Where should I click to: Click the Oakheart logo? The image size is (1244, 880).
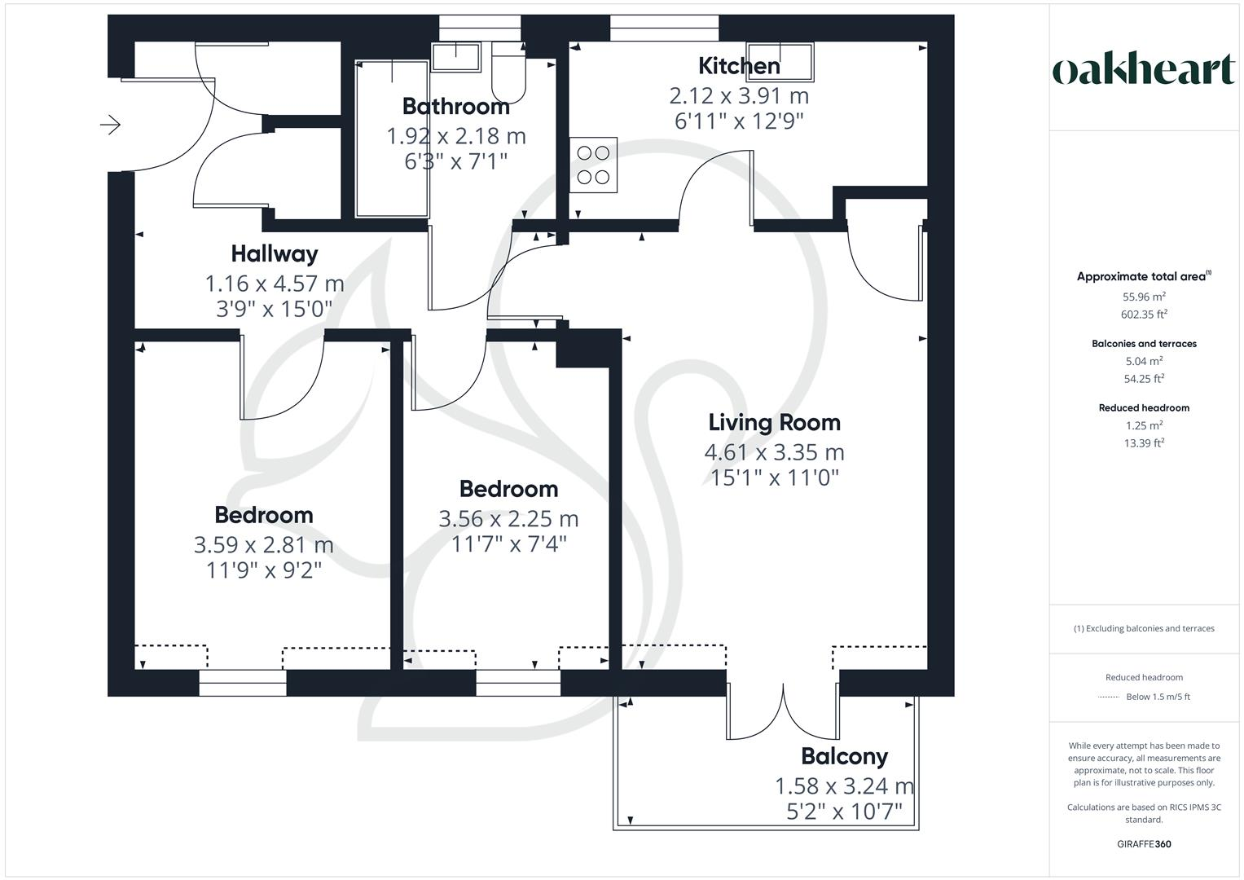[x=1143, y=70]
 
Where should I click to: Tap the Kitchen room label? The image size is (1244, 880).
[x=739, y=66]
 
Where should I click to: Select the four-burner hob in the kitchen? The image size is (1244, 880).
[x=593, y=165]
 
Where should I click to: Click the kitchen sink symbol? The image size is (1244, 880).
[x=780, y=60]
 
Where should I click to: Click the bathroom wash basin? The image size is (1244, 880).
[x=456, y=57]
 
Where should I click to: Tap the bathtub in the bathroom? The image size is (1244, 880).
[x=392, y=139]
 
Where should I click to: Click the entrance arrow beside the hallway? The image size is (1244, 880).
[x=111, y=125]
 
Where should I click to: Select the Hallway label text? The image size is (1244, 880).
[x=275, y=254]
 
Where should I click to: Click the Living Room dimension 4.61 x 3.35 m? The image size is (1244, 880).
[x=774, y=452]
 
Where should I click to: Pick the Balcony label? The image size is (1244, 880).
[x=844, y=757]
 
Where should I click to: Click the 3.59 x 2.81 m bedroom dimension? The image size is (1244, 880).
[x=263, y=544]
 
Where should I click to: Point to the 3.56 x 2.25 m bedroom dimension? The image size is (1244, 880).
[x=508, y=518]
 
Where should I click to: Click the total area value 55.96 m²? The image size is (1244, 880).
[x=1144, y=297]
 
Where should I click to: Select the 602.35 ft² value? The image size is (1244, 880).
[x=1144, y=315]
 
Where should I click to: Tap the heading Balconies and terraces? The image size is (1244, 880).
[x=1144, y=344]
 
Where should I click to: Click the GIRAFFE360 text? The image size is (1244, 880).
[x=1144, y=844]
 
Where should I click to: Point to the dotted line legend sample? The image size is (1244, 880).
[x=1108, y=697]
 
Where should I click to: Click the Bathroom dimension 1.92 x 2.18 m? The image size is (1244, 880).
[x=456, y=136]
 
